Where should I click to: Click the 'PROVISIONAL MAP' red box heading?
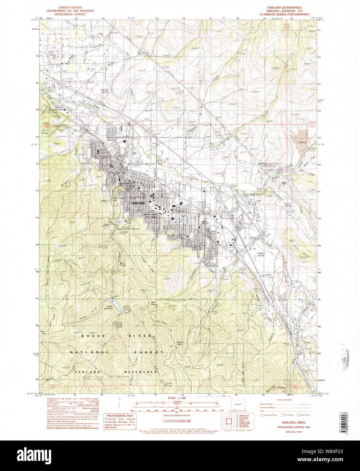(120, 416)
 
